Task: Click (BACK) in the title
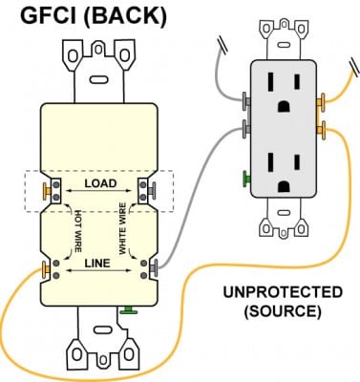click(124, 16)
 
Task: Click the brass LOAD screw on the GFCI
click(46, 189)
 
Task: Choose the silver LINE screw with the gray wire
click(150, 267)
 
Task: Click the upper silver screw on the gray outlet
click(246, 99)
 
